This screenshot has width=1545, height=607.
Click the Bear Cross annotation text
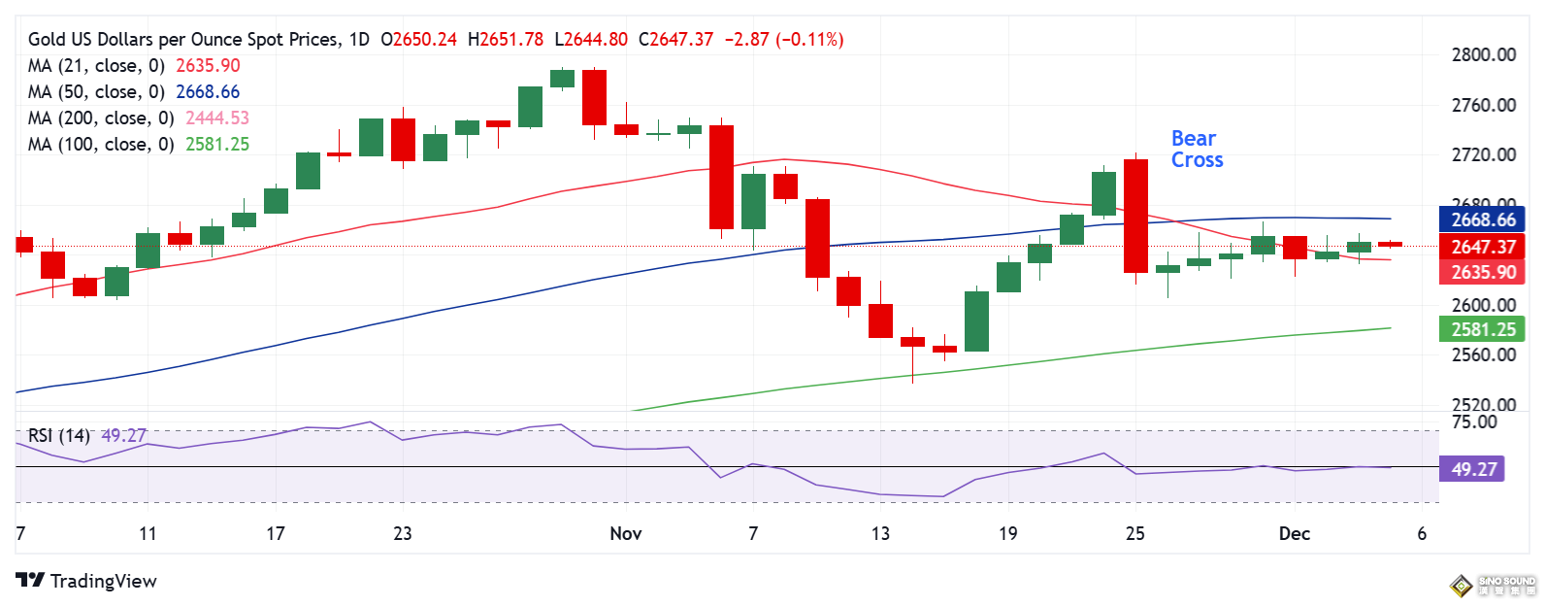pyautogui.click(x=1197, y=150)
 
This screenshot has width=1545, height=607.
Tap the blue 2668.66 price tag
pyautogui.click(x=1483, y=220)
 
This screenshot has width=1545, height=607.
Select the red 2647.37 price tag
pyautogui.click(x=1483, y=247)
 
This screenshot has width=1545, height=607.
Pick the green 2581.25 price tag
pyautogui.click(x=1483, y=330)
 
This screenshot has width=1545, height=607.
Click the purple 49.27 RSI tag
pyautogui.click(x=1474, y=470)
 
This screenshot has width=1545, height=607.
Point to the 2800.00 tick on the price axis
pyautogui.click(x=1483, y=55)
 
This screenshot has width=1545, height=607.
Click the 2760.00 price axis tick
pyautogui.click(x=1483, y=105)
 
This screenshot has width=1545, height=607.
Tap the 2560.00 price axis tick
pyautogui.click(x=1483, y=354)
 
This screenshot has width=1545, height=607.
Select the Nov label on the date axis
pyautogui.click(x=626, y=533)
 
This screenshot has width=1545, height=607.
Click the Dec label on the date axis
pyautogui.click(x=1295, y=533)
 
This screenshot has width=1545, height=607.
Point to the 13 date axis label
pyautogui.click(x=880, y=533)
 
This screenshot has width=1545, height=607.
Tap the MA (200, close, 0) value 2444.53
pyautogui.click(x=217, y=118)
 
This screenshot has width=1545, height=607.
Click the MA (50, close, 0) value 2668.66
pyautogui.click(x=208, y=92)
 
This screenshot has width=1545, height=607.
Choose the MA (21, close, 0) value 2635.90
pyautogui.click(x=208, y=66)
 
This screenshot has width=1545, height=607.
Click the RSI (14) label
pyautogui.click(x=58, y=436)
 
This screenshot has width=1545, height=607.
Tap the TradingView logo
pyautogui.click(x=86, y=581)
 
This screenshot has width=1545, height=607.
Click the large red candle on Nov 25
pyautogui.click(x=1135, y=216)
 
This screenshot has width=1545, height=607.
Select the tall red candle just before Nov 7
pyautogui.click(x=721, y=177)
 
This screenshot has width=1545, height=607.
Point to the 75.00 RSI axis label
pyautogui.click(x=1474, y=422)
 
